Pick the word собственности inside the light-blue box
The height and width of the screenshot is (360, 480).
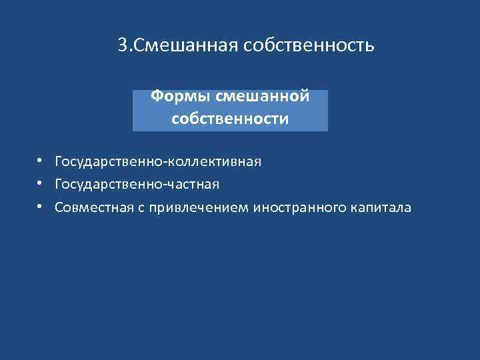point(230,119)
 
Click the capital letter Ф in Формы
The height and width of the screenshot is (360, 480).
point(156,97)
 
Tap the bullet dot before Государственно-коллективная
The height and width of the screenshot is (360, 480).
point(41,161)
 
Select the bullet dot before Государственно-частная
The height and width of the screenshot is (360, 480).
point(41,183)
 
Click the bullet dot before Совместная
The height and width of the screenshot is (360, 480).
point(41,207)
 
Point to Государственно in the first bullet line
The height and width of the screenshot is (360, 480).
point(110,162)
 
